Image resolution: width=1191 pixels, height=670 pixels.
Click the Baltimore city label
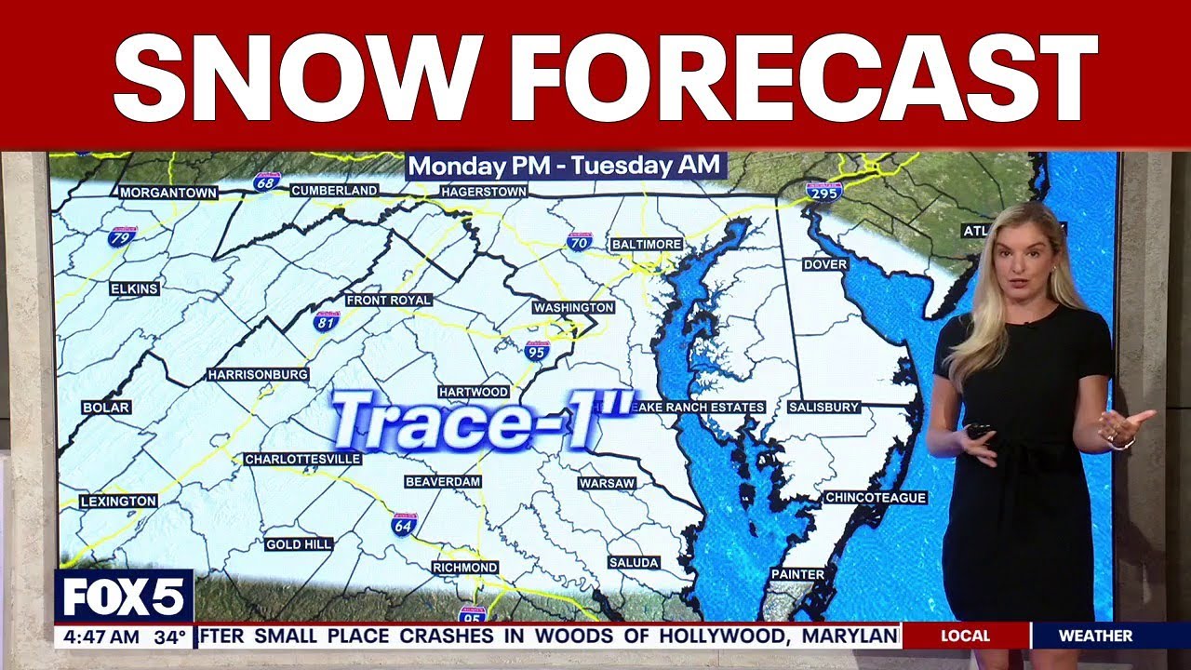647,244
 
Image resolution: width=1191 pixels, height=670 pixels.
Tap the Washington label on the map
573,307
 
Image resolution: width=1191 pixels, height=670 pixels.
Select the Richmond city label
465,568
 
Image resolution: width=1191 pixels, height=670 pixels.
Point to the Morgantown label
168,193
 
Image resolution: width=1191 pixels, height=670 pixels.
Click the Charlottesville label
302,460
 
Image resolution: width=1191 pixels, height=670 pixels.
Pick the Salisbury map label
823,408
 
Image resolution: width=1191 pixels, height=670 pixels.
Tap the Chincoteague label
876,498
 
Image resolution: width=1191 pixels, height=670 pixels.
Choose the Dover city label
825,264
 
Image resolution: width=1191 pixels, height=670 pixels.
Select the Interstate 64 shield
404,523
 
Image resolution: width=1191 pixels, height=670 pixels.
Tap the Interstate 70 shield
579,242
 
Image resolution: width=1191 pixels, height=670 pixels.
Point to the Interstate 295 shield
824,191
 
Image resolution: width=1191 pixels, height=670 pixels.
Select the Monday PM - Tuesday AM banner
565,167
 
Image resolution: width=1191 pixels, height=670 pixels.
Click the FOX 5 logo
124,596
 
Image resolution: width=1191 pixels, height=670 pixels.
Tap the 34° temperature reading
170,637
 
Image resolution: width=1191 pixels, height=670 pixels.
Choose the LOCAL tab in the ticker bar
965,636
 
